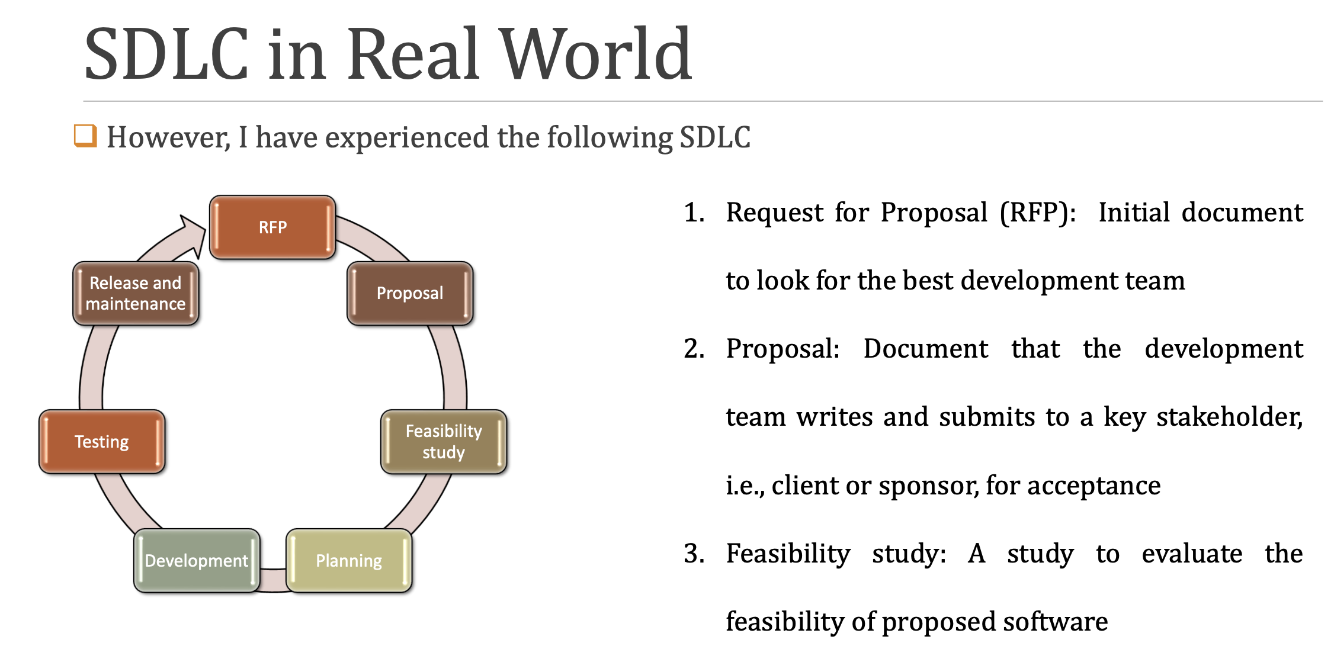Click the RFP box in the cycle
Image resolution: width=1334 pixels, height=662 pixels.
pos(272,227)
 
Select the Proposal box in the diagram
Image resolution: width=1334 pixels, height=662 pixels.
pos(410,293)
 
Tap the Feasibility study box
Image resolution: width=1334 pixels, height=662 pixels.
pos(444,442)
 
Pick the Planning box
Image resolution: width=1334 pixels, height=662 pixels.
pos(349,560)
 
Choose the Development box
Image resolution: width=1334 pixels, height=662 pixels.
pos(197,560)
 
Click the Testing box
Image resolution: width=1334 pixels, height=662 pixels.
pos(102,442)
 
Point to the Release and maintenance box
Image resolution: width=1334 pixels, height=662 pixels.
pos(136,293)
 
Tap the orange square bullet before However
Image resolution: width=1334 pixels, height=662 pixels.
pos(85,136)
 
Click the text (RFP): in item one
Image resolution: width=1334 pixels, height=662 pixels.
pos(1038,213)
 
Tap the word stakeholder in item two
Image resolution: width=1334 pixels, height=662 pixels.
pos(1229,417)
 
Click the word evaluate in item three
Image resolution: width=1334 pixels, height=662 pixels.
pos(1192,554)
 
